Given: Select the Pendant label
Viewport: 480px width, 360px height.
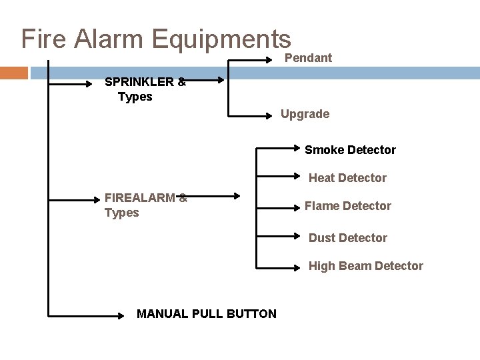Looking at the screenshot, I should (308, 59).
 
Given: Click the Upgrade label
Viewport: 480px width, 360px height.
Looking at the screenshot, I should (305, 114).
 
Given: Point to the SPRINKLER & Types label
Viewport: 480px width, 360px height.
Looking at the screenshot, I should (145, 89).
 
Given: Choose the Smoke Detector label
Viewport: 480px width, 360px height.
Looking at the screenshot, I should (350, 150).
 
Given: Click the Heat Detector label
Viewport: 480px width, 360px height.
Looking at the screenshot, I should (347, 178).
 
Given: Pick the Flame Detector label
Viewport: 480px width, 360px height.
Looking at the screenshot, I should (347, 206).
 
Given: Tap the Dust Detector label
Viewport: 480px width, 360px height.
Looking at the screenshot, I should (347, 238).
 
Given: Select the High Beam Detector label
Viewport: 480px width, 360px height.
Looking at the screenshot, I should (365, 266).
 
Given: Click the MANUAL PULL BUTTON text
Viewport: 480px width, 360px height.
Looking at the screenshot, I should (206, 313).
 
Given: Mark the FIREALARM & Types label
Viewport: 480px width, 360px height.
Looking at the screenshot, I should (145, 205).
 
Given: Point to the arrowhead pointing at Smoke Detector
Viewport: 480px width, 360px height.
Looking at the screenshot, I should (299, 147).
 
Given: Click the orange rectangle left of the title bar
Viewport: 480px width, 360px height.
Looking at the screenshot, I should (14, 73).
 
